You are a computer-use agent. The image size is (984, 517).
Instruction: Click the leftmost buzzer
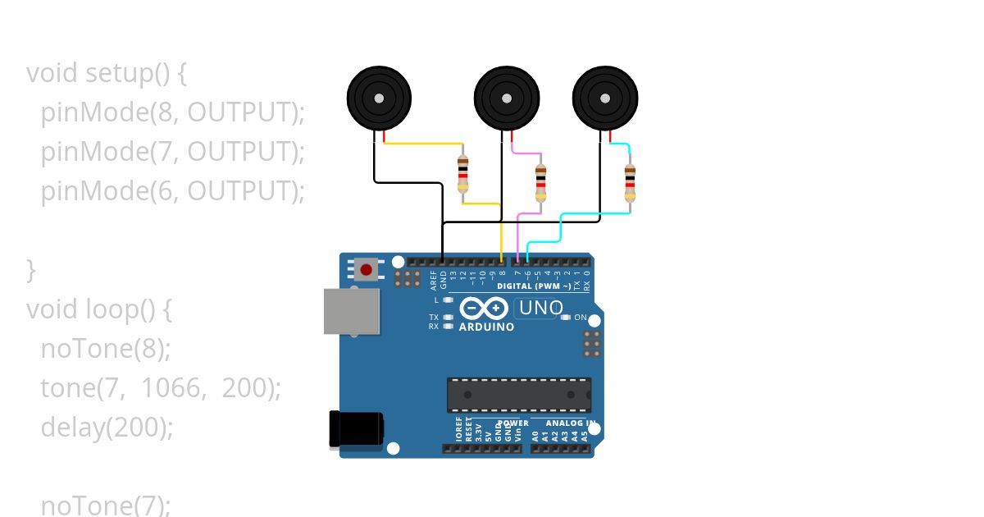[378, 98]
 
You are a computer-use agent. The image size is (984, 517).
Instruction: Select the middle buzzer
[506, 98]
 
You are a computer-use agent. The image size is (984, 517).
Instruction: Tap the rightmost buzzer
[605, 98]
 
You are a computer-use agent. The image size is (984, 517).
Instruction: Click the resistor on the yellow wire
[462, 175]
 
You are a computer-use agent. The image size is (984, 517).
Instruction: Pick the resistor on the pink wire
[540, 182]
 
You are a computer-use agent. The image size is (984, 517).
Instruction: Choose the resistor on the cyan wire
[630, 182]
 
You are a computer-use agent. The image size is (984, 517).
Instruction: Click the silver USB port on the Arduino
[352, 311]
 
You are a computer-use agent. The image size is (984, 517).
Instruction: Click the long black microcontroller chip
[518, 395]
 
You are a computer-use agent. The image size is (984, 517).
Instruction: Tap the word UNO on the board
[540, 309]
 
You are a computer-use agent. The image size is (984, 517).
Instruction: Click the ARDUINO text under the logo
[486, 327]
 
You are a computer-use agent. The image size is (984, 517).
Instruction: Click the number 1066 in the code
[171, 388]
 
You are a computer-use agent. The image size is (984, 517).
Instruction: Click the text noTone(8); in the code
[106, 349]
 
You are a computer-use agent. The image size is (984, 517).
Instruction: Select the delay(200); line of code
[107, 428]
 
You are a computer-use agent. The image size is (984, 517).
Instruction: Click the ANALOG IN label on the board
[565, 423]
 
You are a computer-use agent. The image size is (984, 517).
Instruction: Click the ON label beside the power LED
[581, 318]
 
